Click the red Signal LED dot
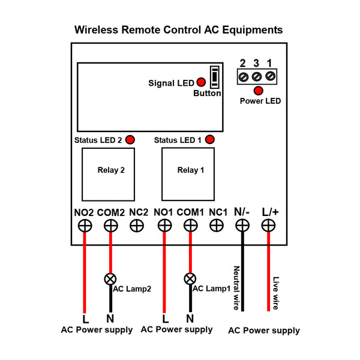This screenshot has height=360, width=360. tap(201, 82)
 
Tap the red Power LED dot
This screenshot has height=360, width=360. tap(258, 91)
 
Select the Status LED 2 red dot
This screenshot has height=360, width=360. tap(130, 140)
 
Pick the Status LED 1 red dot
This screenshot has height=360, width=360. tap(210, 139)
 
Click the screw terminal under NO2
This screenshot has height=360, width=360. tap(85, 226)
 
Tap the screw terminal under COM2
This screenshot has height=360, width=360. tap(111, 226)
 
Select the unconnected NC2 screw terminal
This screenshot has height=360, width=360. tap(137, 226)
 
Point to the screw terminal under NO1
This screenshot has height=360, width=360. tap(165, 226)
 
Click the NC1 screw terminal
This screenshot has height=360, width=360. tap(217, 226)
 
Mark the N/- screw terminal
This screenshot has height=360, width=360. tap(242, 226)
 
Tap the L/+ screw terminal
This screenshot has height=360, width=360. tap(268, 226)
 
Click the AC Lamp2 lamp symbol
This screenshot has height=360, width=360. tap(110, 279)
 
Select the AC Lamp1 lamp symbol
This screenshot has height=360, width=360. tap(190, 279)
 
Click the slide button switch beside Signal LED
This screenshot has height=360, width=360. tap(215, 77)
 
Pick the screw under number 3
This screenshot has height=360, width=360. tap(257, 76)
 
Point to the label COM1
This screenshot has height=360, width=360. tap(190, 212)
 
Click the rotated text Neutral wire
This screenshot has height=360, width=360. tap(236, 288)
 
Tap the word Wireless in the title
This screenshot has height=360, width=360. tap(96, 30)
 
